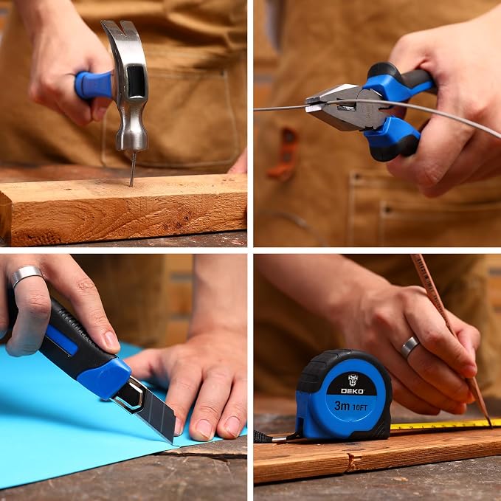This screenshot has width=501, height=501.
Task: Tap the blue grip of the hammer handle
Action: click(x=94, y=85)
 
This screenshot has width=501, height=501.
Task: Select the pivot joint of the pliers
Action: click(x=370, y=106)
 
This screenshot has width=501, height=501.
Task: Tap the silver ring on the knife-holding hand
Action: click(x=27, y=274)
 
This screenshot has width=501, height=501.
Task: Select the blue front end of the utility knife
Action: click(x=105, y=379)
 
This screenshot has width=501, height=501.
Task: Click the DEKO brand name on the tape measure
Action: click(x=352, y=391)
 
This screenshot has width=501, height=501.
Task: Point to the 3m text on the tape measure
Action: click(x=342, y=406)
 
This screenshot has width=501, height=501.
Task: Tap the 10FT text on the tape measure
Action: click(x=360, y=407)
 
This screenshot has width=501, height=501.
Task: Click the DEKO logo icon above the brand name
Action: click(x=353, y=380)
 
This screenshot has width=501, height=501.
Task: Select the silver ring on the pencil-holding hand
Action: click(x=410, y=347)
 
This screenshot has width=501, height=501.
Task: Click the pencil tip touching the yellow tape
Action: click(x=490, y=424)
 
